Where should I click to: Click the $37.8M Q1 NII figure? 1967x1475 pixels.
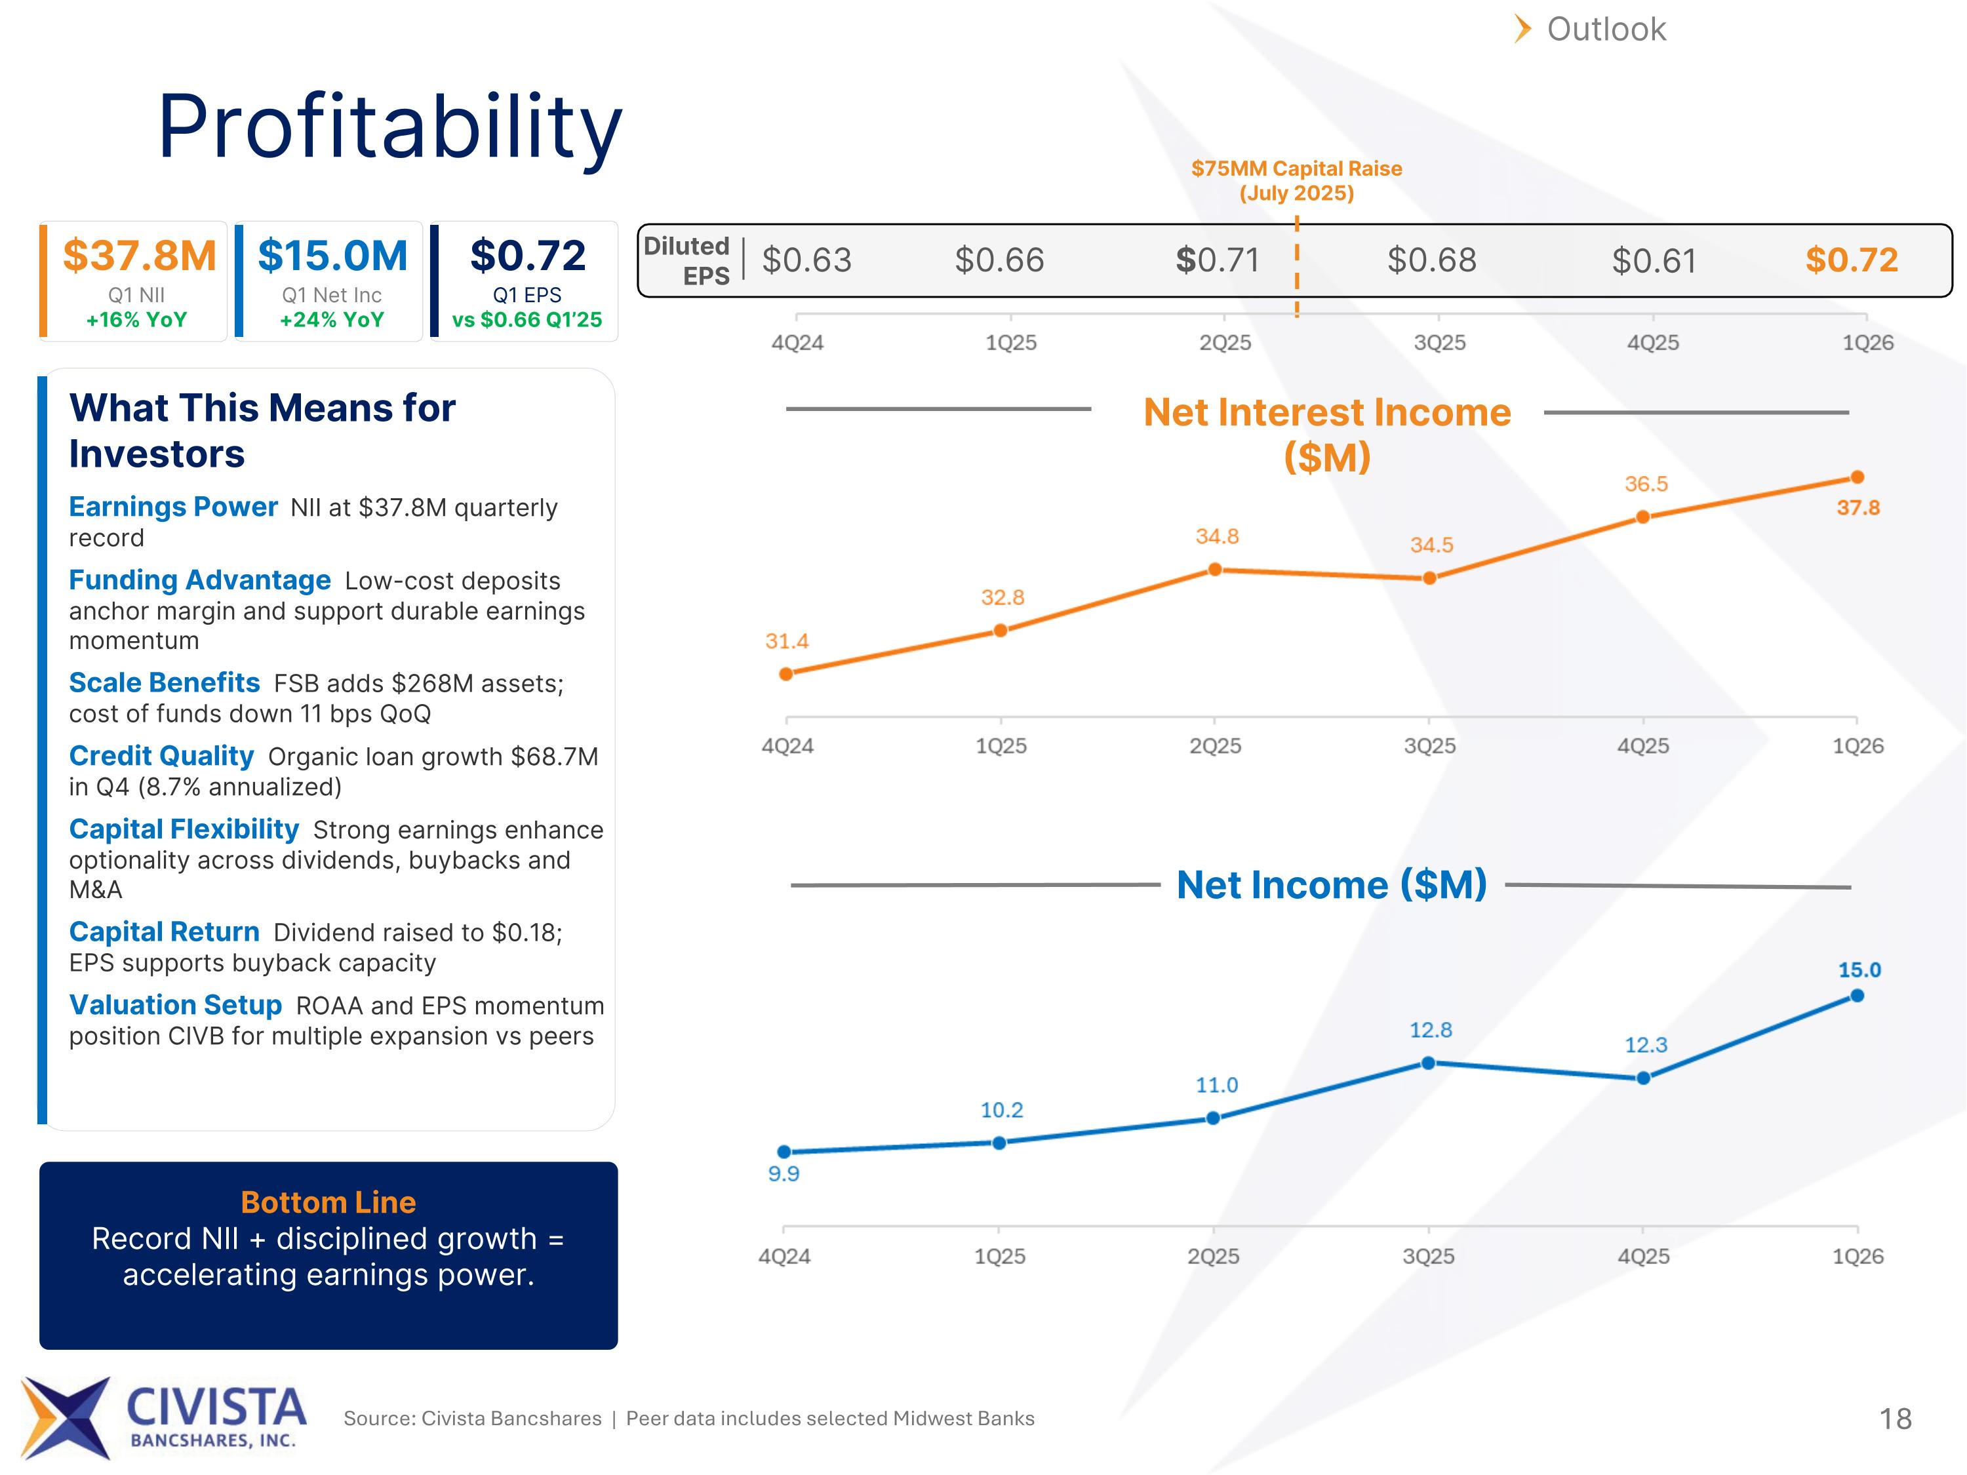[x=140, y=256]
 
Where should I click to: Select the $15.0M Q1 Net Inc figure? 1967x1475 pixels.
[x=332, y=256]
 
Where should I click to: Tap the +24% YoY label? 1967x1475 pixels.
[x=332, y=319]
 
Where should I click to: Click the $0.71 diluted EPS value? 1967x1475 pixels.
[x=1218, y=260]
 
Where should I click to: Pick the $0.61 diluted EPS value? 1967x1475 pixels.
[x=1654, y=260]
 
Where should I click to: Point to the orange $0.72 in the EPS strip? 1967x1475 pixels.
[x=1852, y=260]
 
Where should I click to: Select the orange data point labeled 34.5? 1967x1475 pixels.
[x=1429, y=578]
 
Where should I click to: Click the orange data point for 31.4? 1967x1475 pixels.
[x=786, y=674]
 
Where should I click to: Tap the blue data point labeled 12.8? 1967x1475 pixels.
[x=1428, y=1063]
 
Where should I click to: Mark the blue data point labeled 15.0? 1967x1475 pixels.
[x=1857, y=996]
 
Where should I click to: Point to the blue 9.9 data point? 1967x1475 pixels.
[x=784, y=1151]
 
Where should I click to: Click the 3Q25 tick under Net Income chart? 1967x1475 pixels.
[x=1429, y=1256]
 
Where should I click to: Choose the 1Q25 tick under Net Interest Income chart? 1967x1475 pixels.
[x=1001, y=746]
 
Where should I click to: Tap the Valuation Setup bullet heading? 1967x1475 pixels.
[x=175, y=1005]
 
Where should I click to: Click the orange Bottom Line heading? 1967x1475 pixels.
[x=328, y=1202]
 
